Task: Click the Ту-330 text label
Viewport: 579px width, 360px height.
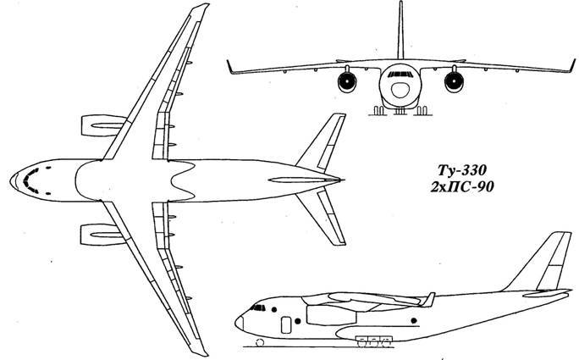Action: coord(462,171)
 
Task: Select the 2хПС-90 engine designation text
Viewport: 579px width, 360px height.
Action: coord(462,187)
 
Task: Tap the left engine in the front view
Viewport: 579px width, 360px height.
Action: coord(347,81)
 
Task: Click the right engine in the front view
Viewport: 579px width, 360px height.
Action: coord(454,81)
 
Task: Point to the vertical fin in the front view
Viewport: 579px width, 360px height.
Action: coord(400,30)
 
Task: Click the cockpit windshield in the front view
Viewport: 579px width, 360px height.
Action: coord(400,75)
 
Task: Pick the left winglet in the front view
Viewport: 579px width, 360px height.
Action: coord(229,67)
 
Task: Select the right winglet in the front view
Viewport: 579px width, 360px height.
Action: coord(573,65)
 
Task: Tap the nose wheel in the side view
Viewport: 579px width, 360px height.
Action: coord(260,342)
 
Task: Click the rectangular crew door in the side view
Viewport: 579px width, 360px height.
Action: coord(286,324)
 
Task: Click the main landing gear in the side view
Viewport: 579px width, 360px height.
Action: coord(373,341)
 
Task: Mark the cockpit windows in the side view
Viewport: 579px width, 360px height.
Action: coord(258,307)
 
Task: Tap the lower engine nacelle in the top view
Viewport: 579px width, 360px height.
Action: coord(103,235)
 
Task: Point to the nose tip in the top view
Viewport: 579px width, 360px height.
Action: coord(10,180)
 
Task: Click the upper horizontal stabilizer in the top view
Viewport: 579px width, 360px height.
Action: coord(321,142)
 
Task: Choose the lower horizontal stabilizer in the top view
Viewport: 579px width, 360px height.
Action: coord(321,216)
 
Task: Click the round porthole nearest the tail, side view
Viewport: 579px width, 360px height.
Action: coord(414,320)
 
